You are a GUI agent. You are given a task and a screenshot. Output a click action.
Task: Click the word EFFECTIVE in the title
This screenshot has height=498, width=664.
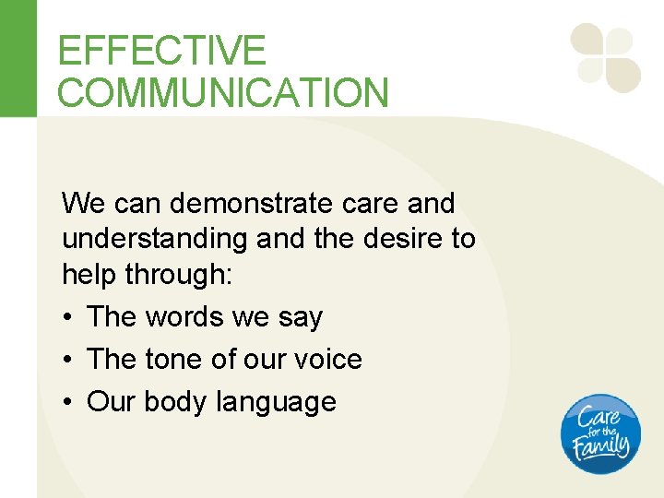tap(161, 50)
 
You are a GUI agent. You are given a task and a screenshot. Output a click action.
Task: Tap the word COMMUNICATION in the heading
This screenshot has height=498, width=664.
tap(222, 93)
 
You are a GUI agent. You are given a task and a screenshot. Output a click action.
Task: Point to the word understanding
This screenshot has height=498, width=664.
tap(155, 239)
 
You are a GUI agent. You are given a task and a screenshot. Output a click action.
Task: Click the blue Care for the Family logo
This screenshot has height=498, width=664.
tap(600, 434)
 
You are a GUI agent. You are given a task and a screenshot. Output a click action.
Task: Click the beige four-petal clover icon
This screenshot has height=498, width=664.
tap(605, 58)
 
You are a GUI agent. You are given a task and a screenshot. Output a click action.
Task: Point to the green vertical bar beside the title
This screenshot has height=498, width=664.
tap(18, 58)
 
